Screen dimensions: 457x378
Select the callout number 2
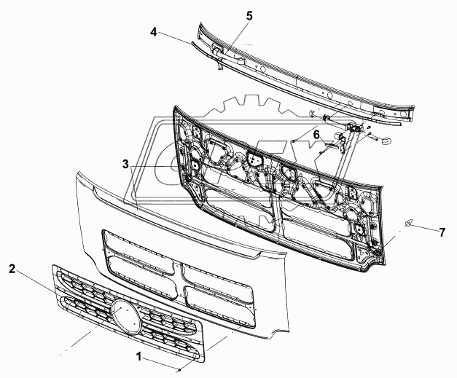click(12, 269)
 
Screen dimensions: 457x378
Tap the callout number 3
click(126, 165)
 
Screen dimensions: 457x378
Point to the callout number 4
click(154, 32)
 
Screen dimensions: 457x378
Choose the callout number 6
click(316, 134)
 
